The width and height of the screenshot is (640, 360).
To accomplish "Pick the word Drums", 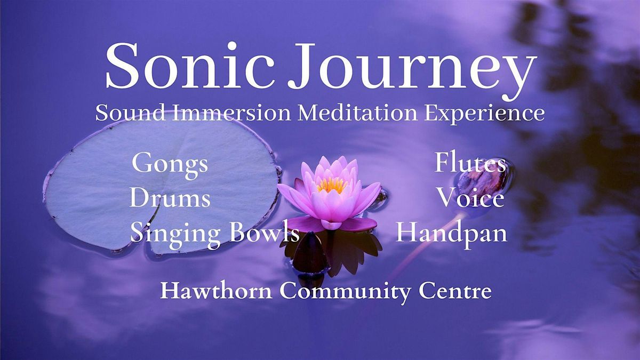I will pos(170,198).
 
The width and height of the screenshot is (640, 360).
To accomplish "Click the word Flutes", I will pos(470,163).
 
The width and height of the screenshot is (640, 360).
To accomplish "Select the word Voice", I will pos(470,198).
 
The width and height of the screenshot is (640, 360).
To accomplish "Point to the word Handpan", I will pos(451,233).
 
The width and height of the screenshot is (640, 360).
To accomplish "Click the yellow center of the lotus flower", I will pos(332,185).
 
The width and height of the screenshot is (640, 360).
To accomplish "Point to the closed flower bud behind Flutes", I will pos(483,181).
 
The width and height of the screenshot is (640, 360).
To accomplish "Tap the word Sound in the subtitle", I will pos(126,113).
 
